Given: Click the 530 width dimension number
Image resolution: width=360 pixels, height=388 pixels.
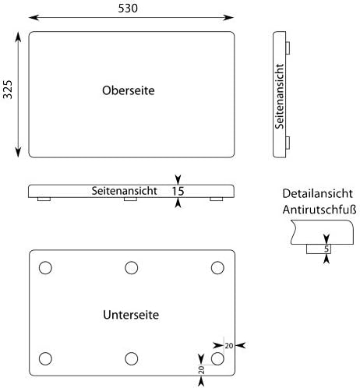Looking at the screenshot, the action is pos(128,9).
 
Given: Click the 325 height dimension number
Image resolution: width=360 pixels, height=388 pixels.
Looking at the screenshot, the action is pos(8,90).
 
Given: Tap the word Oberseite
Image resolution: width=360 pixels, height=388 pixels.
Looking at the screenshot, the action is pos(129,90).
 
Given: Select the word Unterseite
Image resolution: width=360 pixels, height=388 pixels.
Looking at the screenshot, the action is pos(131,315).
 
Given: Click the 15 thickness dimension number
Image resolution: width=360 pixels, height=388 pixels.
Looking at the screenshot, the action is pos(178,191).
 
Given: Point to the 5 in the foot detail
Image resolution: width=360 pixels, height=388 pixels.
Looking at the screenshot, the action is pos(326,249).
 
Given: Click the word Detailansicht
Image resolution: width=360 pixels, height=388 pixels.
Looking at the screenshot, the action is pos(317,193).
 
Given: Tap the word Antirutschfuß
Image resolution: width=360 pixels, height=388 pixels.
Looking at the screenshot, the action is pos(319,210).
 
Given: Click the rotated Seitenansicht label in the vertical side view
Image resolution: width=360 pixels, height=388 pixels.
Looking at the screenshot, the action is pos(280,97).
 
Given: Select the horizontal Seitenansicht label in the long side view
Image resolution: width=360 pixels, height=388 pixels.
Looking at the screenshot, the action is pos(125,191).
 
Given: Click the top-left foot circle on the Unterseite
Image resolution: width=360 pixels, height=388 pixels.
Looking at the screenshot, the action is pos(45,268).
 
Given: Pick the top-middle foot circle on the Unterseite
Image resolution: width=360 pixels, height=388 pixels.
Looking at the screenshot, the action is pos(132,268).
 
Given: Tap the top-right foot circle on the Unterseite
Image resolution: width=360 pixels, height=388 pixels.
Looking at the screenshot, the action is pos(217,268).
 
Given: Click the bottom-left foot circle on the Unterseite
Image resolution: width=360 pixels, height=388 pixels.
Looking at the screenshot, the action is pos(45,358).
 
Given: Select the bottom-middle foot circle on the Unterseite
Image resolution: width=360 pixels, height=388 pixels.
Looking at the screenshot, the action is pos(132,358).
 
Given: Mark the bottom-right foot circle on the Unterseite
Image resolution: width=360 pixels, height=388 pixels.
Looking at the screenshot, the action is pos(217,358).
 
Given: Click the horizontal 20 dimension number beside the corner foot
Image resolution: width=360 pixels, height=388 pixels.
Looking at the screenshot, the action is pos(229,346).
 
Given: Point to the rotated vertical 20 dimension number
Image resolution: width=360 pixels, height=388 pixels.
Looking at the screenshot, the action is pos(202,370).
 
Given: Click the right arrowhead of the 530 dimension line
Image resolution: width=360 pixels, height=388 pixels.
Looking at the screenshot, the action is pos(228,18).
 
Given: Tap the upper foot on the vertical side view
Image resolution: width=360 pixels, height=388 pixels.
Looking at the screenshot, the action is pos(288,48).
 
